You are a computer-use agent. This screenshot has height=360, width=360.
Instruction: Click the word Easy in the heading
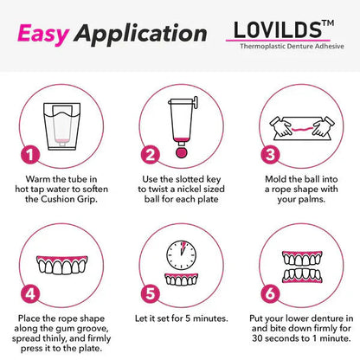coord(42,34)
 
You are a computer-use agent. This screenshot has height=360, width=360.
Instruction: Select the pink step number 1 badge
coord(29,156)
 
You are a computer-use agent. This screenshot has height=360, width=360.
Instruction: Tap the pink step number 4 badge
coord(29,292)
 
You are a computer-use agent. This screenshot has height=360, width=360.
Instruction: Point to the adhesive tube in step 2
coord(177,117)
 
